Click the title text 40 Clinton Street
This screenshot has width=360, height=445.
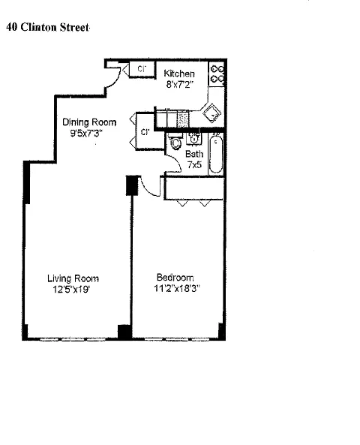pos(48,29)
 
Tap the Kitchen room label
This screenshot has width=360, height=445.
pos(179,74)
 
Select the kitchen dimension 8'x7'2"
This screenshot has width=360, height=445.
pos(179,84)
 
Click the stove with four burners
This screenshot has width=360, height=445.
pos(218,73)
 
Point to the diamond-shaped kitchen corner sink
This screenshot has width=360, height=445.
pos(212,113)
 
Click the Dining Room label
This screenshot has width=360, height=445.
pos(88,122)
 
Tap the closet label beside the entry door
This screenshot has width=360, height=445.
pos(140,70)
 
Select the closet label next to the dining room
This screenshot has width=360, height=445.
pos(145,133)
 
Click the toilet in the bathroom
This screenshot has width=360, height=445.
pos(176,143)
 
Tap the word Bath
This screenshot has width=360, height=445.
pos(194,154)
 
